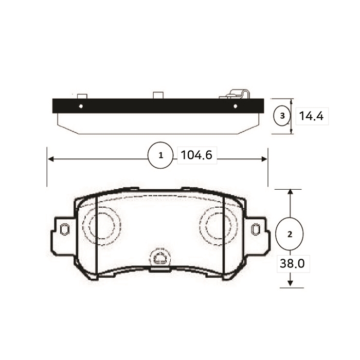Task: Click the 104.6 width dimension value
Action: pos(196,155)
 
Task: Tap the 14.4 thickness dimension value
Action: pos(311,116)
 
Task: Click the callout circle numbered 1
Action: pos(160,155)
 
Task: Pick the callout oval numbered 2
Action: pos(290,234)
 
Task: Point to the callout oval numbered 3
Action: pos(282,116)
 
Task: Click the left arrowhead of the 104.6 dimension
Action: pos(51,159)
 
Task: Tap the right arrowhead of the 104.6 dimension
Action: pos(264,159)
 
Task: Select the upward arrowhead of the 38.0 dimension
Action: pos(291,193)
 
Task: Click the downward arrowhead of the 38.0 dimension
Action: pos(291,283)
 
